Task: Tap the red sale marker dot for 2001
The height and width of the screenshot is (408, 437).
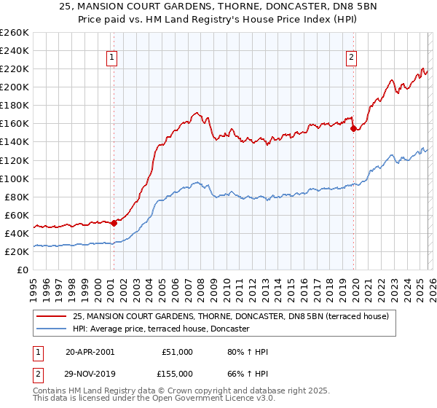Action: pos(114,223)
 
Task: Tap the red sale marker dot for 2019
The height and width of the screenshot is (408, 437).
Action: pos(353,128)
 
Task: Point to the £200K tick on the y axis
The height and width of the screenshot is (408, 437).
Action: pos(15,87)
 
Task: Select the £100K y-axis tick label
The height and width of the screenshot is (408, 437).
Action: pos(15,178)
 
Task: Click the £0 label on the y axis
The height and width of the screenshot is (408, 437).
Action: pos(23,270)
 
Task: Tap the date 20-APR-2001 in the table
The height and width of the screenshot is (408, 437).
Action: pos(90,352)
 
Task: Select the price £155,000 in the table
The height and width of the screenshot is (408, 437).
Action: pos(178,373)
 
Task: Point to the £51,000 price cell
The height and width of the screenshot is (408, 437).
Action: pos(178,352)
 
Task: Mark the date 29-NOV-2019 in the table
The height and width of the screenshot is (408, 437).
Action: pos(90,373)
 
